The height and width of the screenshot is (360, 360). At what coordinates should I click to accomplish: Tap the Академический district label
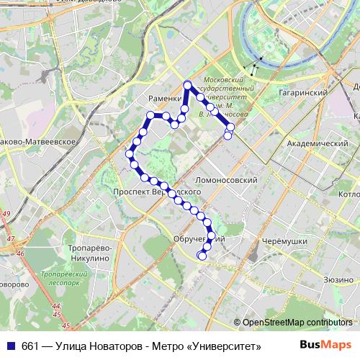pos(318,143)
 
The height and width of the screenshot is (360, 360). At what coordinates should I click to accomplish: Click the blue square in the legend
pos(9,346)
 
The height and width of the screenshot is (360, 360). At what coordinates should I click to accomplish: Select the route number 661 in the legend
pos(30,346)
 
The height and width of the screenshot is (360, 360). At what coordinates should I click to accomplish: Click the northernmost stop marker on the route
pos(187,84)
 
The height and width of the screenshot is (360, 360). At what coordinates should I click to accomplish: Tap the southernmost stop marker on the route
pos(201,255)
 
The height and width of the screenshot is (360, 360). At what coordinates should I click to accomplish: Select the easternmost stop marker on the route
pos(230,127)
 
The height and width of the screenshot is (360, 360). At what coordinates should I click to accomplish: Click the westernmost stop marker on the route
pos(130,153)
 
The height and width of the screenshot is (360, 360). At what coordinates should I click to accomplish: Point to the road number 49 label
pos(6,215)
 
